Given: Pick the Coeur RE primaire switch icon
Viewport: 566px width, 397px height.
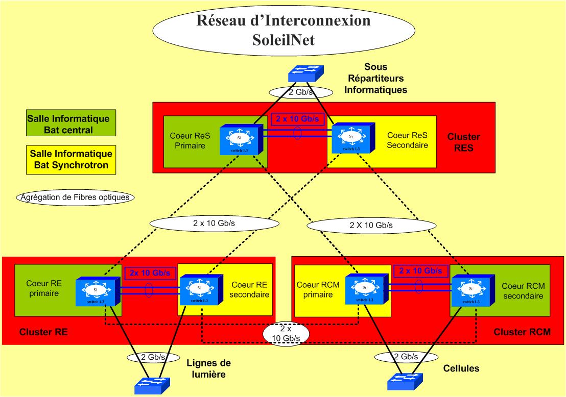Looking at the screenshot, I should pos(97,291).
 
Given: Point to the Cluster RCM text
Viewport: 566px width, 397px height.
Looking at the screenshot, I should pos(522,332).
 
